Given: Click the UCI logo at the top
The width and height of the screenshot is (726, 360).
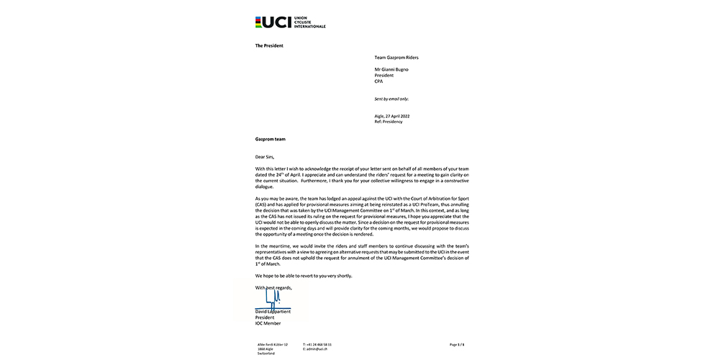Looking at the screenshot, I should click(x=290, y=22).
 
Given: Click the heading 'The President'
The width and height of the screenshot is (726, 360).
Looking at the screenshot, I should click(x=269, y=45).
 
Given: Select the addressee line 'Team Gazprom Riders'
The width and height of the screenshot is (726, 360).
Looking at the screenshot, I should click(x=396, y=57).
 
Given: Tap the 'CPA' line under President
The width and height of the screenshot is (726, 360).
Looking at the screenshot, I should click(x=379, y=81).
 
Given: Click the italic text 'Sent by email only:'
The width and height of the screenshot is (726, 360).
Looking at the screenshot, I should click(x=391, y=99).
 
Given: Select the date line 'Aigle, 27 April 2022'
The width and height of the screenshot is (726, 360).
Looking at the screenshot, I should click(x=393, y=116).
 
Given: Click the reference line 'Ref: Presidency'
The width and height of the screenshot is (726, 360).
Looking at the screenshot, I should click(x=389, y=122).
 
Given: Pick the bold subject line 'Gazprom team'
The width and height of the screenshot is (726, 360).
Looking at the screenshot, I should click(x=271, y=138).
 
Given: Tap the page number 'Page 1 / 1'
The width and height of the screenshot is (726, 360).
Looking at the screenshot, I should click(x=457, y=345).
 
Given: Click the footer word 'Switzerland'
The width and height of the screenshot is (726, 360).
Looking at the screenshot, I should click(x=265, y=354).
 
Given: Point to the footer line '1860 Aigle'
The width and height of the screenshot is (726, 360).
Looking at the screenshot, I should click(x=263, y=349).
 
